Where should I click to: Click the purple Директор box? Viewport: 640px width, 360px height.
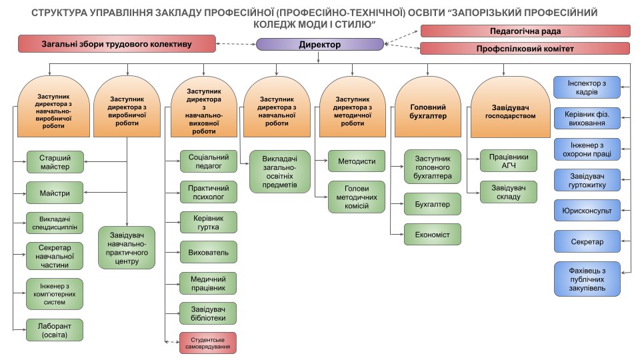click(x=320, y=45)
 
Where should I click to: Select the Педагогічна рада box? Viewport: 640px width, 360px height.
click(x=525, y=31)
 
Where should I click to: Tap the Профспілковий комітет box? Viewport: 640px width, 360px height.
click(x=525, y=49)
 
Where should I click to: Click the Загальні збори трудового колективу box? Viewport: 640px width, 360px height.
click(x=117, y=45)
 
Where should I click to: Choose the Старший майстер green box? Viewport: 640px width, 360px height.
click(x=55, y=161)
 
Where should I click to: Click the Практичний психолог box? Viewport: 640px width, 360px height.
click(x=208, y=193)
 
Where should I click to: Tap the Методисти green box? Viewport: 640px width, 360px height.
click(x=357, y=161)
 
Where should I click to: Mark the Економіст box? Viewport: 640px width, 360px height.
click(x=433, y=234)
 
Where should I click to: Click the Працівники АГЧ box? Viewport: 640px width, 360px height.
click(x=509, y=161)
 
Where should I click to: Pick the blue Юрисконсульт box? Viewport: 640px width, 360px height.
click(x=587, y=210)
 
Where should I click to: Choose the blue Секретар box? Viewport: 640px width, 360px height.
click(x=587, y=241)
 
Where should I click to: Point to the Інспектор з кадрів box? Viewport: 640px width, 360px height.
click(x=587, y=87)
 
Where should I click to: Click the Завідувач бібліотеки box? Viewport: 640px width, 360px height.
click(x=208, y=313)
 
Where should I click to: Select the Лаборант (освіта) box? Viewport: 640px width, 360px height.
click(x=55, y=329)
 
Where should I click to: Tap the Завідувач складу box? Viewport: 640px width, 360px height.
click(x=509, y=192)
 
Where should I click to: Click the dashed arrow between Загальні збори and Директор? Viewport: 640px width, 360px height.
click(x=237, y=45)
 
